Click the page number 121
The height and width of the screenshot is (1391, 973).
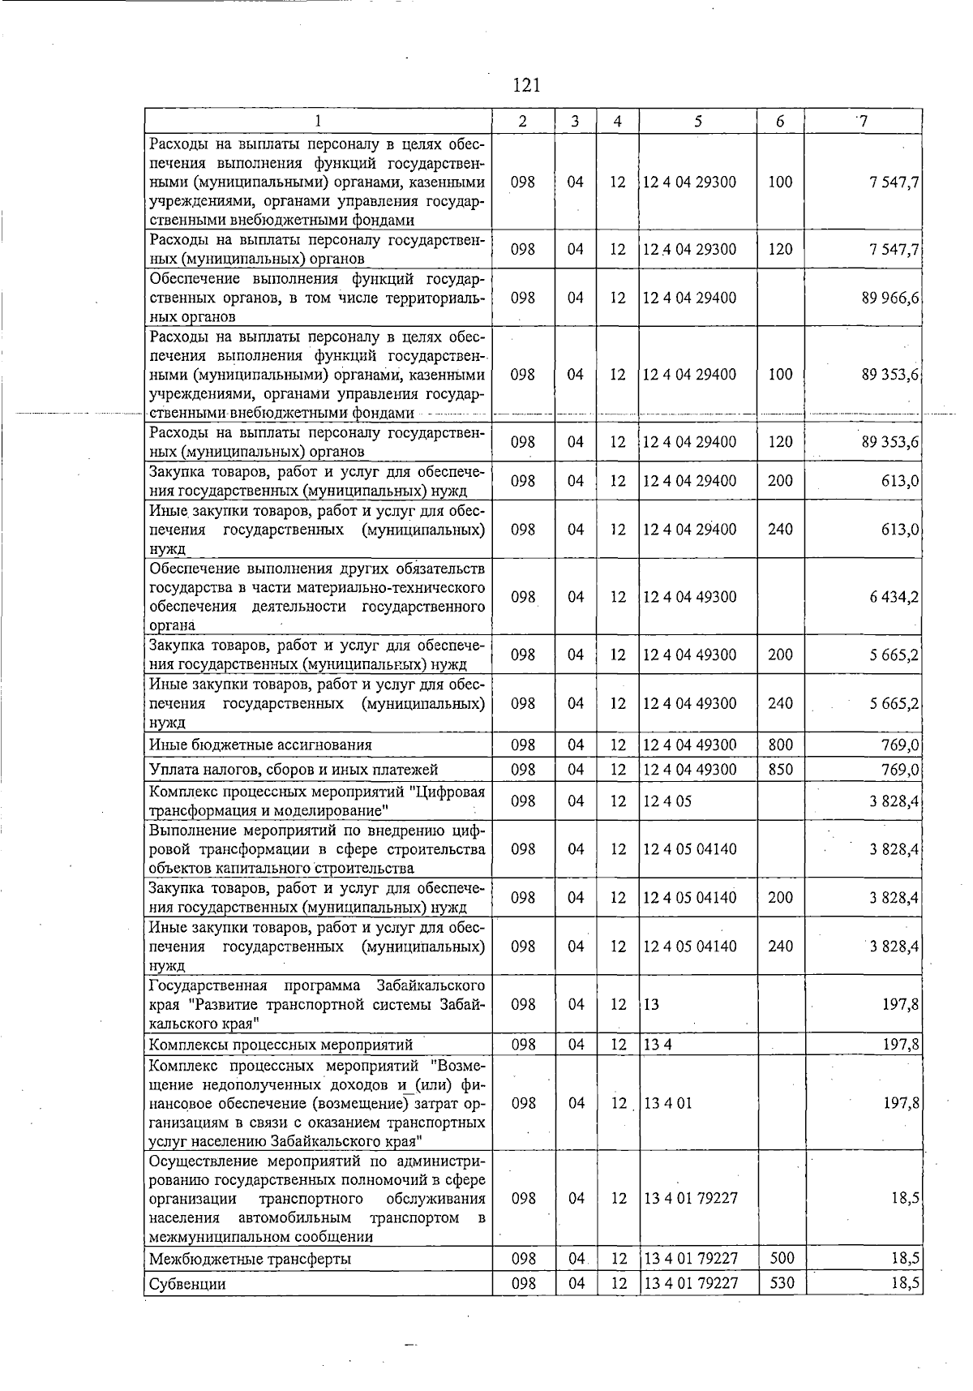[x=527, y=85]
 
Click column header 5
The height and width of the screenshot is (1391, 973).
[x=697, y=122]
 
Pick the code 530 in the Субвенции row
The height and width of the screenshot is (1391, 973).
[x=780, y=1284]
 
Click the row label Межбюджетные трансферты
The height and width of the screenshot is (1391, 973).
[x=250, y=1259]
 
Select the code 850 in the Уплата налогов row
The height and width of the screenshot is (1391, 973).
[x=780, y=769]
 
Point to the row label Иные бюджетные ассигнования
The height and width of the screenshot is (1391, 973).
[x=260, y=745]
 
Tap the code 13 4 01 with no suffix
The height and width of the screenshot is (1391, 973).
[x=667, y=1103]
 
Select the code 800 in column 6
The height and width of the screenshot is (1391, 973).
[x=780, y=745]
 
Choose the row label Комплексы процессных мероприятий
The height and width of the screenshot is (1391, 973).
[x=281, y=1044]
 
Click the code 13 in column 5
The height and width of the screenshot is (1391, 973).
[x=651, y=1004]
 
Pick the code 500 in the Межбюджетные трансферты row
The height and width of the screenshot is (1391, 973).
[x=780, y=1258]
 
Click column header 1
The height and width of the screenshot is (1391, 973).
[x=319, y=122]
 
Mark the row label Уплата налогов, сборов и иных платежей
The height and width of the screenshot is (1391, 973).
[x=294, y=769]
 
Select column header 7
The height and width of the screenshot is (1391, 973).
[x=864, y=122]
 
